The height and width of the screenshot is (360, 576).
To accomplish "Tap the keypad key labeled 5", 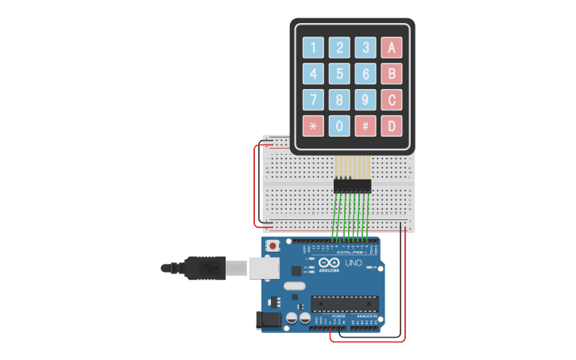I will [x=339, y=74].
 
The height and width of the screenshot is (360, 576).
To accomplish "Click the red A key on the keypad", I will [x=391, y=48].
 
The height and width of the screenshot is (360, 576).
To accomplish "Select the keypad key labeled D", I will [x=391, y=126].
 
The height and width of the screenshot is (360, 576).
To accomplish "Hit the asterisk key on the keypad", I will [x=313, y=126].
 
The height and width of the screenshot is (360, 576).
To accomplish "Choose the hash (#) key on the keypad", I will [x=365, y=126].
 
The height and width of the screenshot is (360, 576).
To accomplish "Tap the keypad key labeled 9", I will [x=365, y=100].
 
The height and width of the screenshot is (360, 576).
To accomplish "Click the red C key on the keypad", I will [x=391, y=100].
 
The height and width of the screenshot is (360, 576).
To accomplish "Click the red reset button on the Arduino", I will [x=273, y=246].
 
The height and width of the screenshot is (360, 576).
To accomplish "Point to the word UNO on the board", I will [x=354, y=263].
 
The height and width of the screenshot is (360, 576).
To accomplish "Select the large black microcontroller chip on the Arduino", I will [x=344, y=304].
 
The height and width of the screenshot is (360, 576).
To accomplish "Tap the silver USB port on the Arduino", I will [x=265, y=269].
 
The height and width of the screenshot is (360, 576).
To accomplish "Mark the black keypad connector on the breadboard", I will [x=352, y=186].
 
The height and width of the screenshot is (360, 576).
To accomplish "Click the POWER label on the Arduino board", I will [x=338, y=315].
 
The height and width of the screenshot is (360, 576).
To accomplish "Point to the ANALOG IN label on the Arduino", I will [x=366, y=315].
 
